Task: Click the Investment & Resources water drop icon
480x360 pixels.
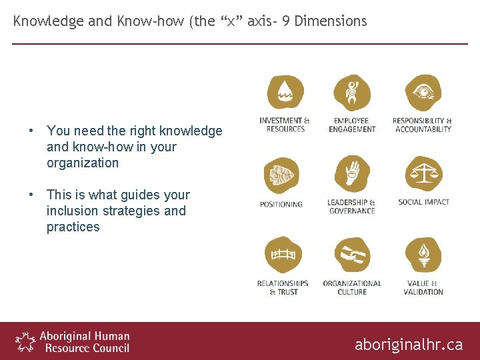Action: (x=285, y=94)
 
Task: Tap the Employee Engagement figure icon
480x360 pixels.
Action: (x=352, y=94)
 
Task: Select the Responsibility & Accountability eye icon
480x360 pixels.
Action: (x=423, y=94)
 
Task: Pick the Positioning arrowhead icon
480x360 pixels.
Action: (x=281, y=175)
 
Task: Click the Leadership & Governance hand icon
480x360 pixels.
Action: (x=352, y=174)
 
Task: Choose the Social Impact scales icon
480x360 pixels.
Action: (x=423, y=174)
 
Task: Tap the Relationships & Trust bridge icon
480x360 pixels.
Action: (x=283, y=256)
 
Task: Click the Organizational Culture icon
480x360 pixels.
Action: (x=352, y=256)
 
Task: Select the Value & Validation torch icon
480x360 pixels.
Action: (x=423, y=256)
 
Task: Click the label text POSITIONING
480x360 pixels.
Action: (x=281, y=205)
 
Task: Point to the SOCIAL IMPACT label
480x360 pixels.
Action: (x=423, y=202)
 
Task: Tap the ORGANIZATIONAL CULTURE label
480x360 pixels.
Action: (x=352, y=287)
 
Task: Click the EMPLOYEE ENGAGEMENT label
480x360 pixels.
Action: (x=352, y=125)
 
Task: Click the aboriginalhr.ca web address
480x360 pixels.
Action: (x=408, y=344)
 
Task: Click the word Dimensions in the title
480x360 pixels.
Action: (x=331, y=21)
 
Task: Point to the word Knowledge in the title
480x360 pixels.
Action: (x=49, y=21)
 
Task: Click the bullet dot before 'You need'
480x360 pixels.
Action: (x=31, y=131)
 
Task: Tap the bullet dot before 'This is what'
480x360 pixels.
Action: (x=31, y=195)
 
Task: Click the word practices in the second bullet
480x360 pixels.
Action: (x=73, y=227)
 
